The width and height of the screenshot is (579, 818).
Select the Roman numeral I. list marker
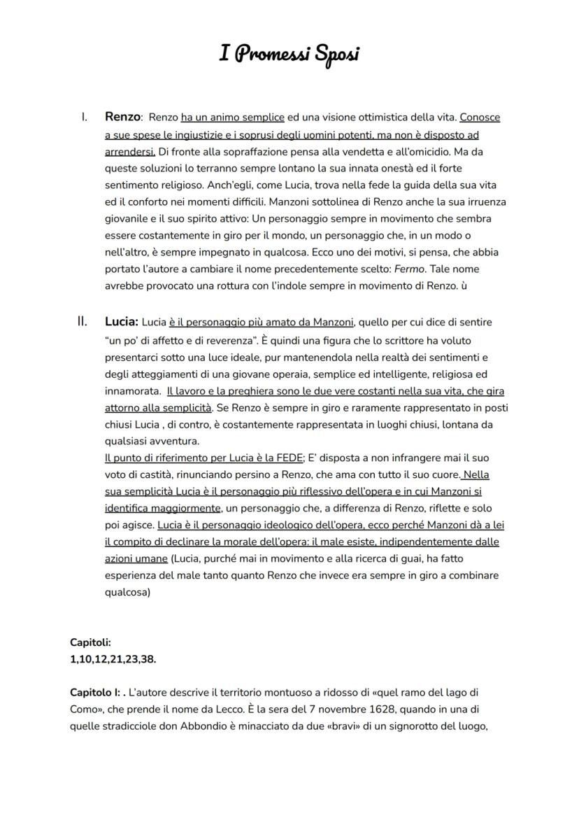(84, 117)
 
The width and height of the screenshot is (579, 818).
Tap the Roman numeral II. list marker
(82, 322)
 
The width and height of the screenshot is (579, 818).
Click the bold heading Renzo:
(124, 117)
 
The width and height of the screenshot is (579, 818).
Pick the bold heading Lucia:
(122, 322)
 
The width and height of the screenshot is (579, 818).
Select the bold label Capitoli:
(90, 642)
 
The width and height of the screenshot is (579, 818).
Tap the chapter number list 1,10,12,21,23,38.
(113, 658)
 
